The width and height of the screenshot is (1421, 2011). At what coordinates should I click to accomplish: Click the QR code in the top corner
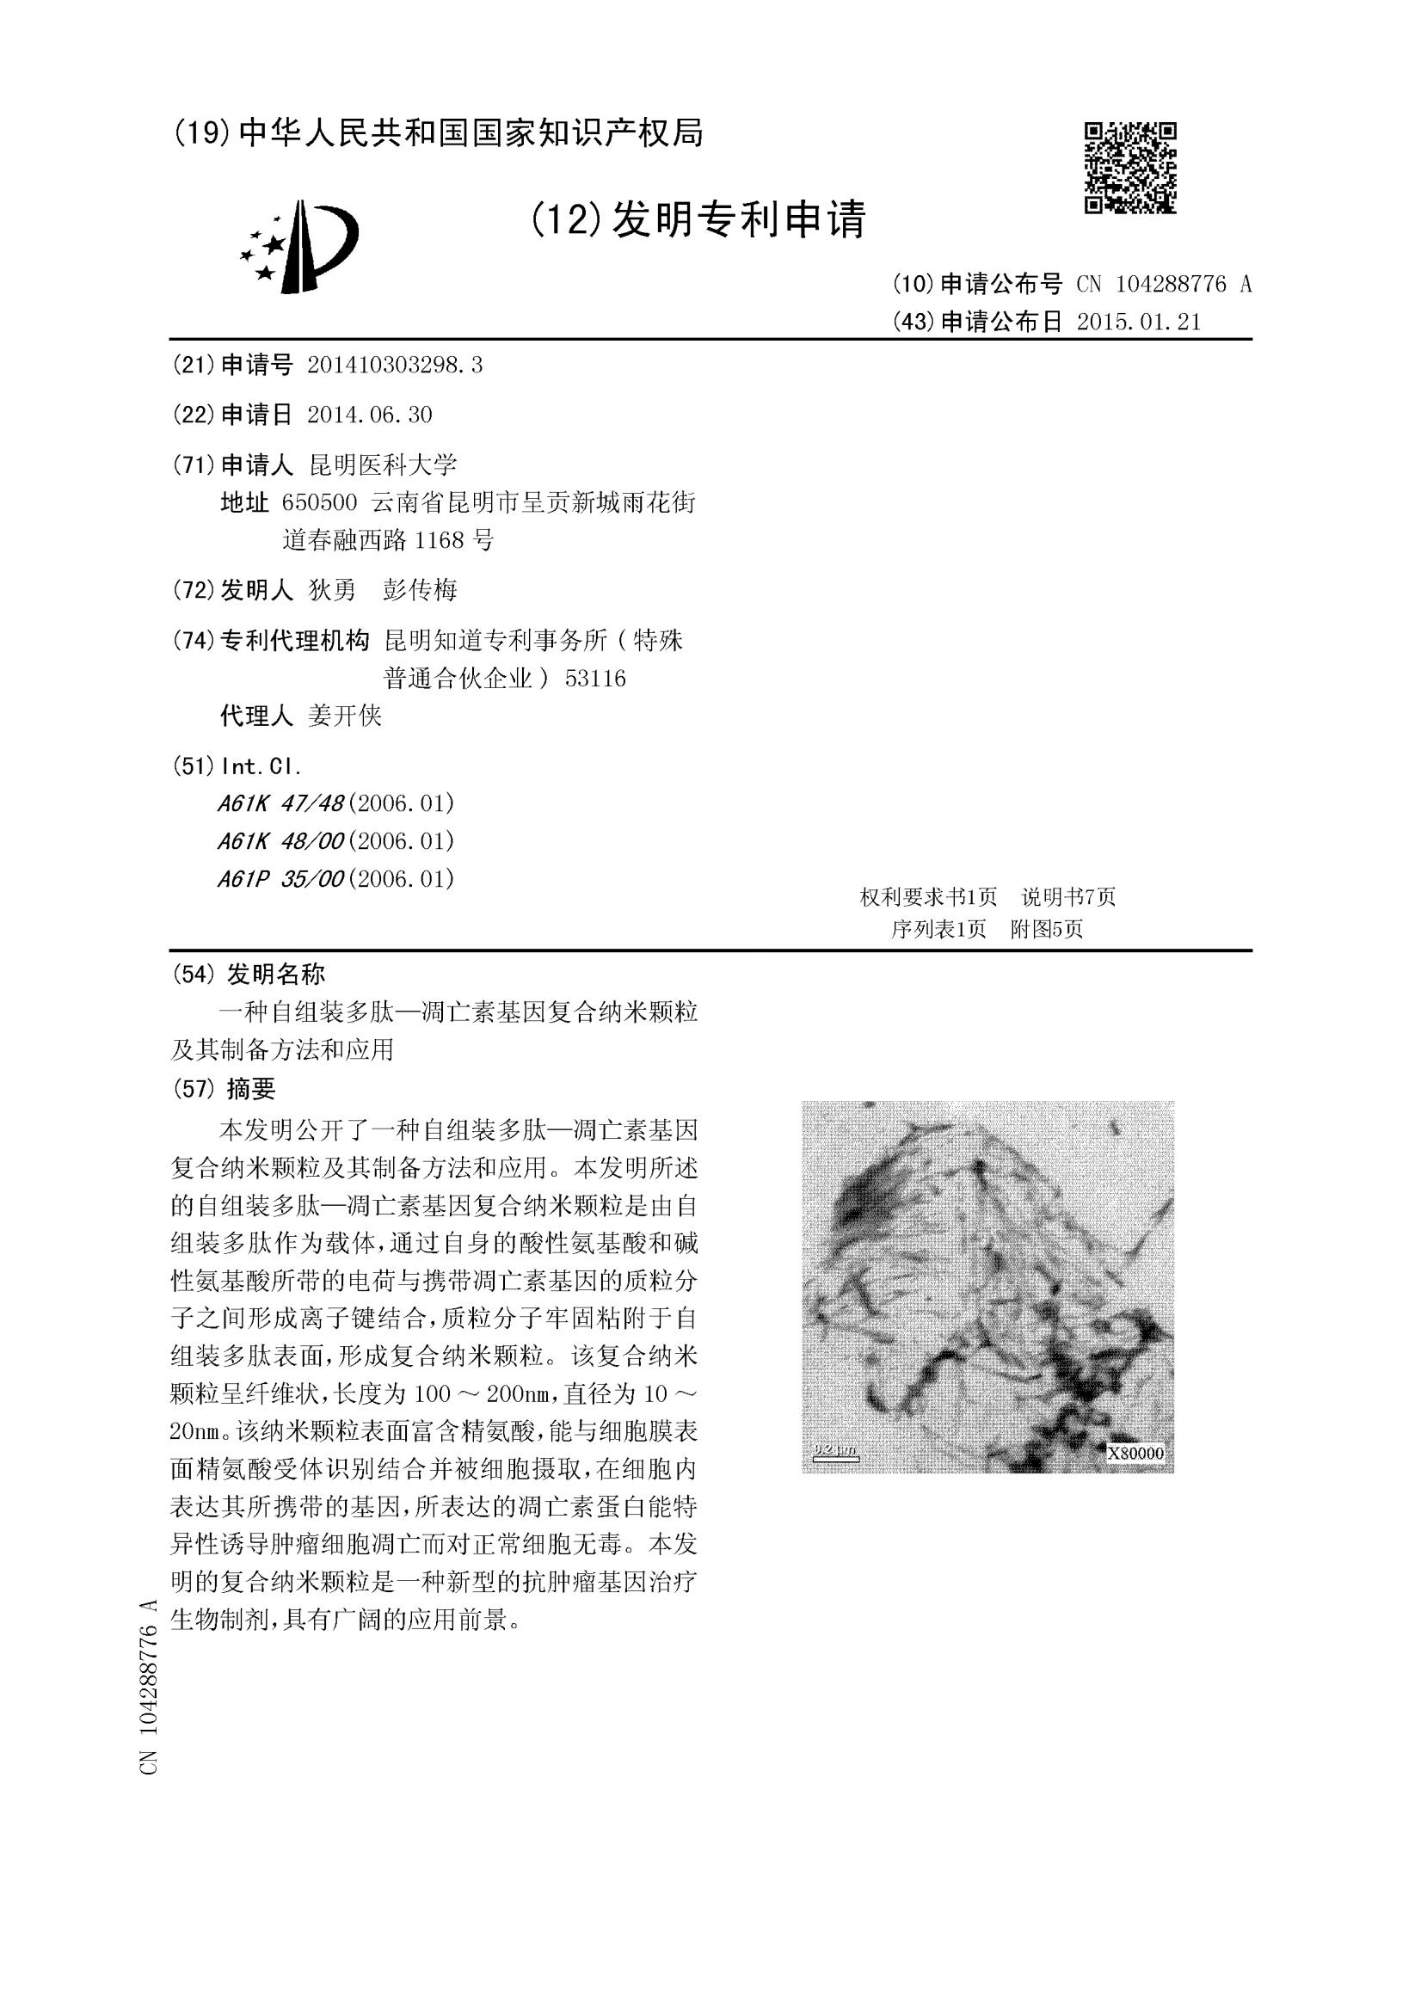(1130, 167)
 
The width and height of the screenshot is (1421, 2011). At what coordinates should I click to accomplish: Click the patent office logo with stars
(298, 246)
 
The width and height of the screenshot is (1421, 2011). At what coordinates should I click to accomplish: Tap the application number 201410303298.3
(394, 366)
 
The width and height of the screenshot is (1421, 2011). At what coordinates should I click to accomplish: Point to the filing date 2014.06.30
(370, 415)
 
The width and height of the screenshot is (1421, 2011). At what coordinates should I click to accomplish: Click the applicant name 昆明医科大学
(383, 464)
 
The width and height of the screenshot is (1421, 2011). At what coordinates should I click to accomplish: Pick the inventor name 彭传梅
(421, 590)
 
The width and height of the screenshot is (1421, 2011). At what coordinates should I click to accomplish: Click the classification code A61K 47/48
(280, 803)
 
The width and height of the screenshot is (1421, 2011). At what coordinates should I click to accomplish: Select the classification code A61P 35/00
(280, 878)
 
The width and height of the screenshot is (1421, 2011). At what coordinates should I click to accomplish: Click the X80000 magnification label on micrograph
(1136, 1454)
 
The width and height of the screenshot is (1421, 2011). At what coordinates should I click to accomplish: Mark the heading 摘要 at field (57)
(250, 1089)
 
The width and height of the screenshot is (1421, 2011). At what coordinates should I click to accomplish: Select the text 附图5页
(1047, 929)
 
